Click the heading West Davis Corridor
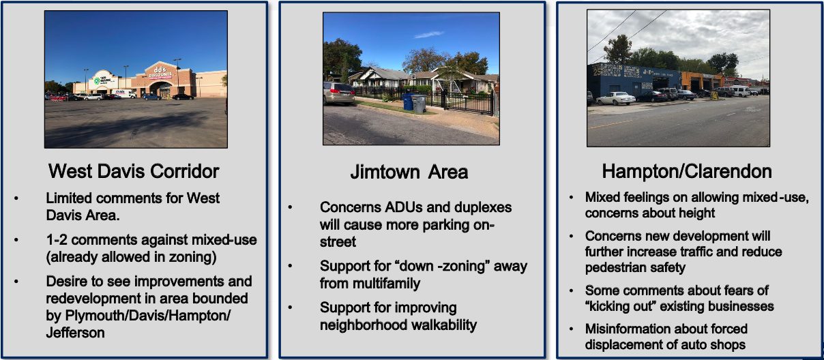point(134,171)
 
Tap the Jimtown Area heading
point(409,172)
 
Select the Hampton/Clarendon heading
point(687,172)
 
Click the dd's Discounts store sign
point(160,72)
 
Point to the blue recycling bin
point(408,102)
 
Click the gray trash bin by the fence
point(419,104)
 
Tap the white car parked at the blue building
point(616,98)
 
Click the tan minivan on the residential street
point(339,93)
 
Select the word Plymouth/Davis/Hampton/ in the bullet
point(147,316)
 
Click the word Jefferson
point(76,333)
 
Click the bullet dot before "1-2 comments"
point(16,240)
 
